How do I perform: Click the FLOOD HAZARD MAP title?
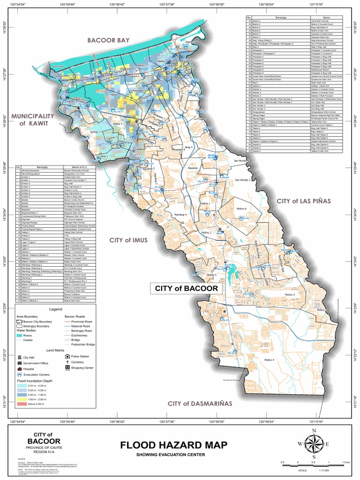coord(173,445)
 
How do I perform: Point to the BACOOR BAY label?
coord(107,41)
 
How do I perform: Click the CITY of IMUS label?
coord(128,240)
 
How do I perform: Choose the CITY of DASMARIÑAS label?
coord(200,404)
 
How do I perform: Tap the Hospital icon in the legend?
coord(20,369)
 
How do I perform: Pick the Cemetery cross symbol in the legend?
coord(68,362)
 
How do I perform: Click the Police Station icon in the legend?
coord(68,356)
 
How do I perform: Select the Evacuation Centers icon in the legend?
coord(20,375)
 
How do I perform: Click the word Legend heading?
coord(55,310)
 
